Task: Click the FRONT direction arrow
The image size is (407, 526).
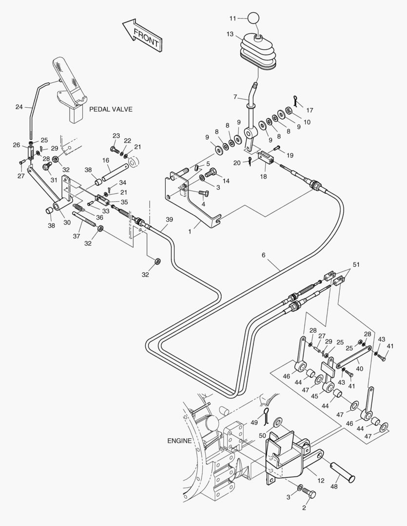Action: [x=142, y=35]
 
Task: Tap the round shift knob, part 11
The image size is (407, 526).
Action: [x=254, y=18]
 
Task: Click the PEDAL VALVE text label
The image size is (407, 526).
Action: [x=111, y=110]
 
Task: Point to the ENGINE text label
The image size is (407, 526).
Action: [x=179, y=441]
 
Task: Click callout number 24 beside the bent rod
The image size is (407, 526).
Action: [x=19, y=107]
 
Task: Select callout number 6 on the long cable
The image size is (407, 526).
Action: [x=264, y=255]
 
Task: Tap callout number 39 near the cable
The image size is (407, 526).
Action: [x=169, y=219]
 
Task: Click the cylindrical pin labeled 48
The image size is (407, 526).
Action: [x=343, y=472]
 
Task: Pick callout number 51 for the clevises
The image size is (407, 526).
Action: [x=356, y=264]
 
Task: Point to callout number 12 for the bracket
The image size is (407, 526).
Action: [x=321, y=481]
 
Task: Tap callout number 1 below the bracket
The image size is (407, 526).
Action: [x=190, y=231]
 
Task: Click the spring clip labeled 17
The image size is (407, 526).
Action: [x=295, y=100]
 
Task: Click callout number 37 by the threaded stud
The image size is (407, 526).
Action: [x=77, y=236]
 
